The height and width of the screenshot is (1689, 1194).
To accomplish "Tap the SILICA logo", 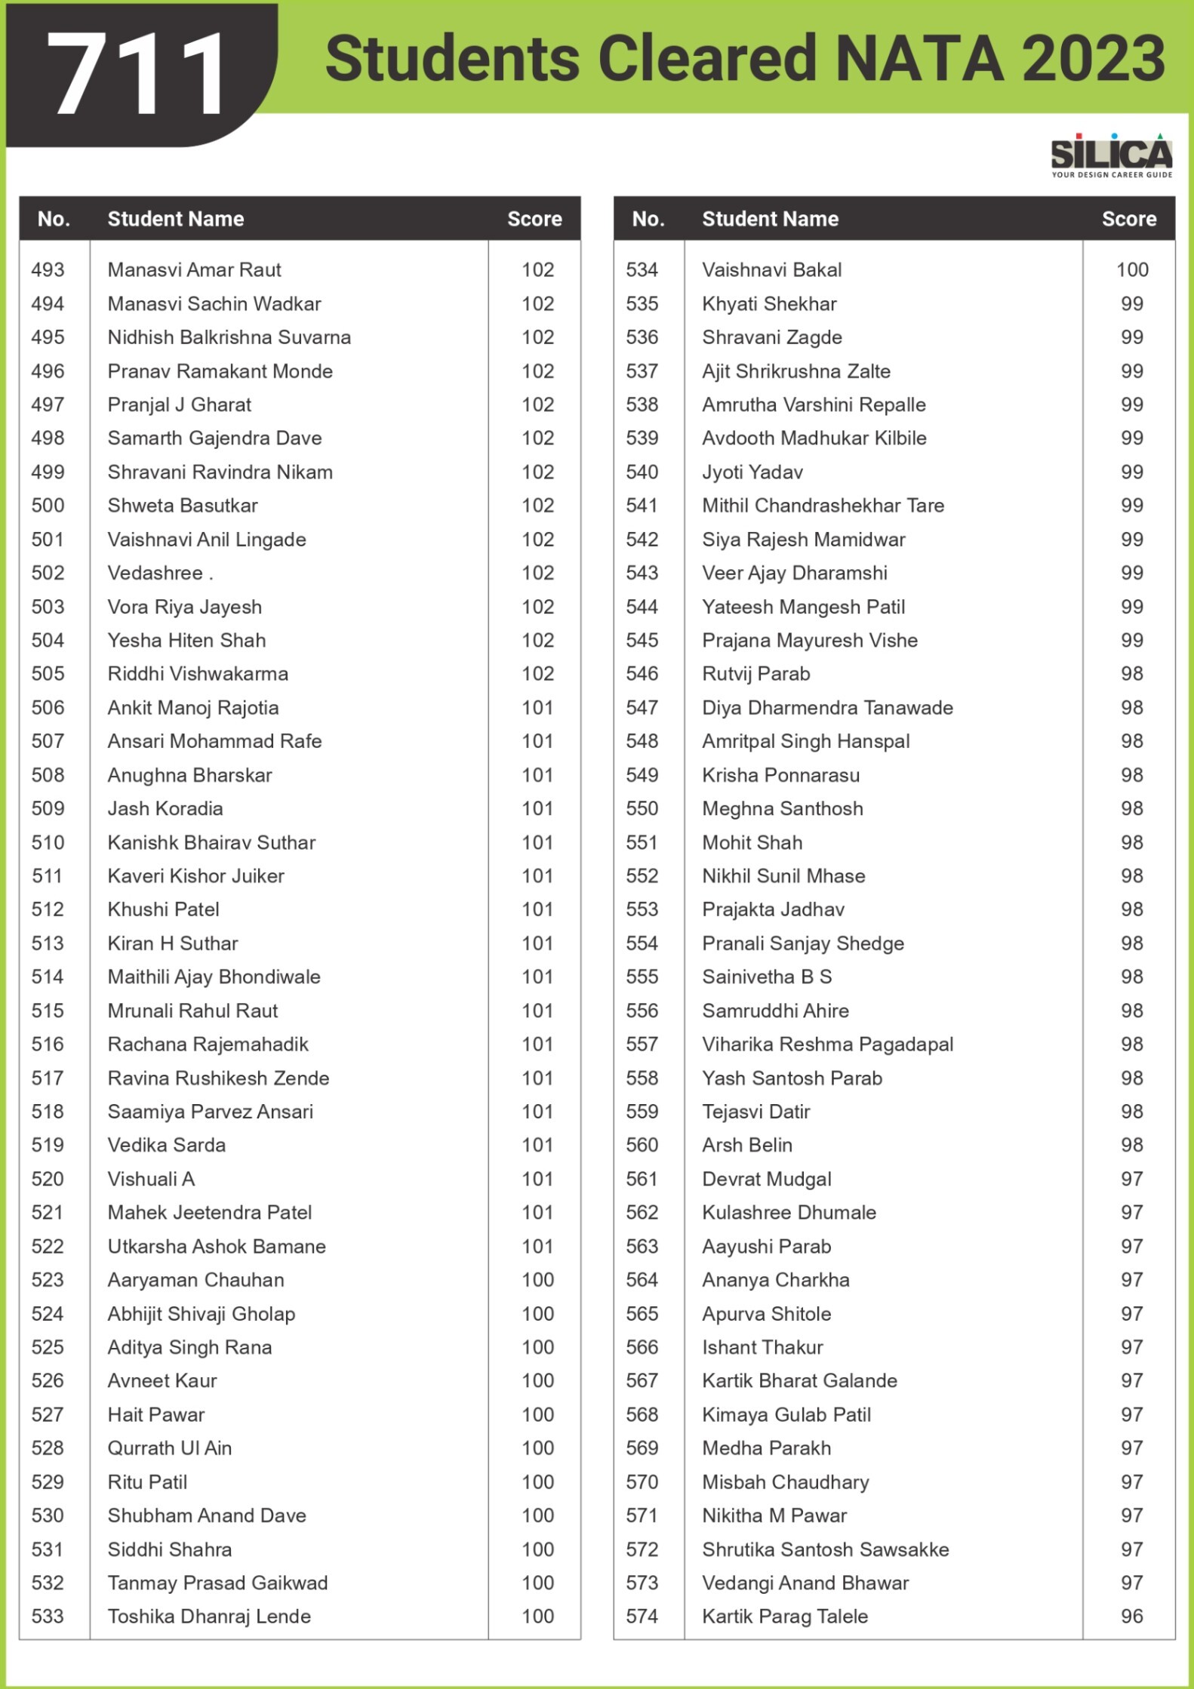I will [1111, 155].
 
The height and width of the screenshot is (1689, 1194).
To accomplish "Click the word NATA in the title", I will [920, 59].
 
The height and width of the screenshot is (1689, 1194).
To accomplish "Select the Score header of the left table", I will [534, 220].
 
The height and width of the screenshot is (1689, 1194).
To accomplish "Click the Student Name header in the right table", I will [770, 220].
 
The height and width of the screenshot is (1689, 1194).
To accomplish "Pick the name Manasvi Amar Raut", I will [194, 270].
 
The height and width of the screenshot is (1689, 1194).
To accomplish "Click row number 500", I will [48, 506].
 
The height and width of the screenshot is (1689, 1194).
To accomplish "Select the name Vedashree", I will [155, 574].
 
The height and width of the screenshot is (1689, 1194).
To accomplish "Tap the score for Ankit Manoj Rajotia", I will [537, 708].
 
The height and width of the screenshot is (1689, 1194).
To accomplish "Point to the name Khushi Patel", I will [163, 909].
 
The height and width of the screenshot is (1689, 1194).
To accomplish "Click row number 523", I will [48, 1280].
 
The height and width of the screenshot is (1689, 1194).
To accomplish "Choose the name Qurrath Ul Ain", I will [169, 1448].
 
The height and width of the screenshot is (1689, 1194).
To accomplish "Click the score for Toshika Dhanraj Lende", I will [537, 1617].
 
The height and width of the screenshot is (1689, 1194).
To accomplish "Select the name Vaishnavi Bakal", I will [771, 270].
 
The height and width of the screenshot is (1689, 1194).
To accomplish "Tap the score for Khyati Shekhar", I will [1131, 304].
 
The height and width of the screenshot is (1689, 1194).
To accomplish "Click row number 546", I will [642, 674].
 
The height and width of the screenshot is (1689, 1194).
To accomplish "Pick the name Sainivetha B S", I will [767, 977].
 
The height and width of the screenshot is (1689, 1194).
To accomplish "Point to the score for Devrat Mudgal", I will [1131, 1179].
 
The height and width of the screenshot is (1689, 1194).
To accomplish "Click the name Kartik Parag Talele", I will [785, 1617].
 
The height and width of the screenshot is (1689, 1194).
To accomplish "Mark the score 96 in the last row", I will [1131, 1617].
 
